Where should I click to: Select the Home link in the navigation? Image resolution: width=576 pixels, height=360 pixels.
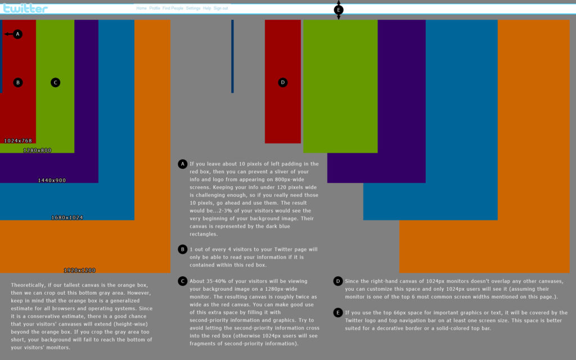(x=141, y=8)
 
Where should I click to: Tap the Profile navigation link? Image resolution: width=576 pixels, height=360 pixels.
(x=155, y=8)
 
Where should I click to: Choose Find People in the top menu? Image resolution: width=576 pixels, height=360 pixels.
(x=173, y=8)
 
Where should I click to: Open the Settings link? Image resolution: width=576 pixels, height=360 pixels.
(x=193, y=8)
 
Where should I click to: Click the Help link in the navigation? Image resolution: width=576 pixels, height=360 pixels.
(x=207, y=8)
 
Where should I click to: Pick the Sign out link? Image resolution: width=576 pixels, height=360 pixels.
(x=221, y=8)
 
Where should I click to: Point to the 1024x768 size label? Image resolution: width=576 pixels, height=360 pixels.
(x=18, y=141)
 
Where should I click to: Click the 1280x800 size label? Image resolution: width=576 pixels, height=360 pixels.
(x=37, y=150)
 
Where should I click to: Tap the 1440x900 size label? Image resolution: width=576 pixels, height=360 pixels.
(x=52, y=181)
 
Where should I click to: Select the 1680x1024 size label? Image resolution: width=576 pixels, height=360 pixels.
(x=67, y=217)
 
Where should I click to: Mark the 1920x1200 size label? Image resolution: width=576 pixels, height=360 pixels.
(x=79, y=271)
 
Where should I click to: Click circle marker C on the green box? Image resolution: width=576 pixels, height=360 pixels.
(x=55, y=83)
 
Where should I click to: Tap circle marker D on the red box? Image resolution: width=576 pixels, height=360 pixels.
(x=283, y=83)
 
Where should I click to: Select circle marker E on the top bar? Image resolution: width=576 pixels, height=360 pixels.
(x=339, y=10)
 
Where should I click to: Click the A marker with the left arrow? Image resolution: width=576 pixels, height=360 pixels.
(x=17, y=34)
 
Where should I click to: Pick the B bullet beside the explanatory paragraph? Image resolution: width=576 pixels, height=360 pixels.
(x=182, y=249)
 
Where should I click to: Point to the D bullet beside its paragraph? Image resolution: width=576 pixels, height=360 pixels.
(x=338, y=281)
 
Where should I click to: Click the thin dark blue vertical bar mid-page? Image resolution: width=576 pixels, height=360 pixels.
(x=232, y=56)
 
